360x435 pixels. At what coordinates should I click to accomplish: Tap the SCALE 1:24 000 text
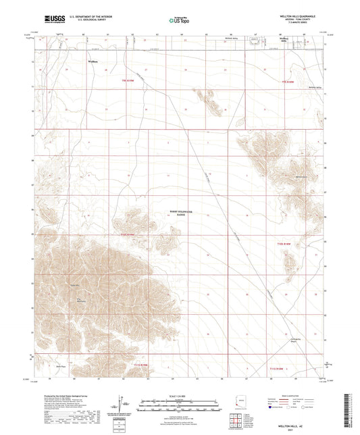(179, 396)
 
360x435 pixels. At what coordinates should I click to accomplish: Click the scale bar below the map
(179, 402)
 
